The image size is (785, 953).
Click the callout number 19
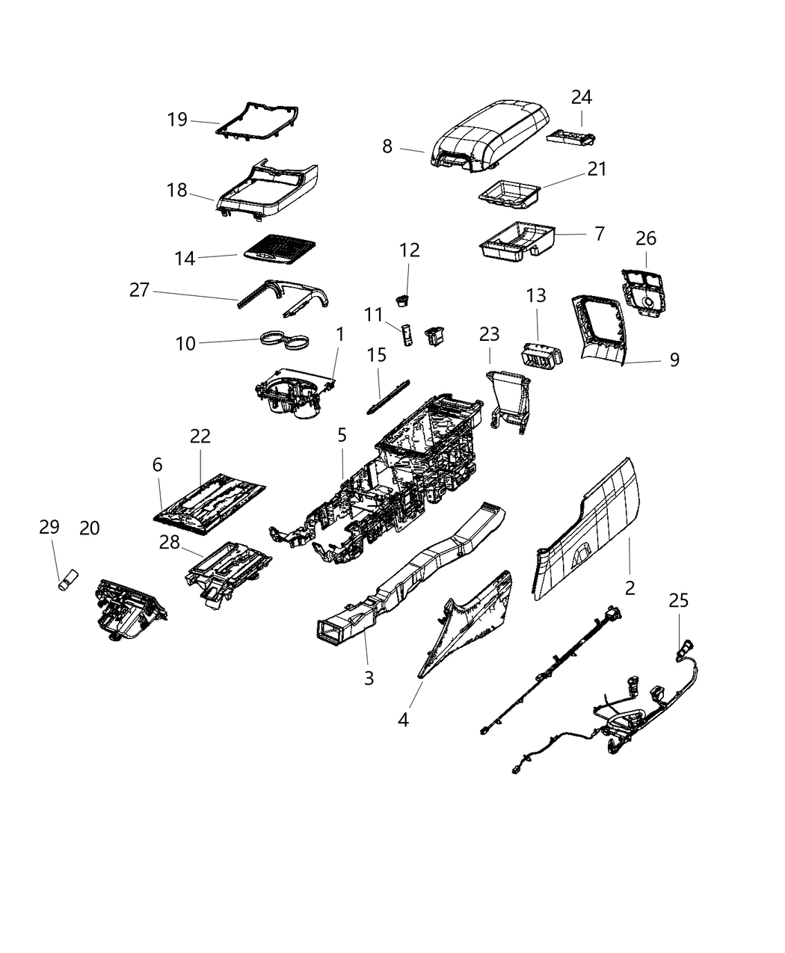tap(176, 120)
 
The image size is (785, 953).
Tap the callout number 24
tap(582, 97)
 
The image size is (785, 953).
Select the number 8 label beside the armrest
tap(387, 147)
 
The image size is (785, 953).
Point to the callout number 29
tap(49, 527)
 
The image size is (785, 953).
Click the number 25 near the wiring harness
tap(679, 600)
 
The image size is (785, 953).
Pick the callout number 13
tap(536, 295)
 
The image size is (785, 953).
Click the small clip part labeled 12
tap(404, 300)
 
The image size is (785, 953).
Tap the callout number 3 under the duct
tap(369, 678)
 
